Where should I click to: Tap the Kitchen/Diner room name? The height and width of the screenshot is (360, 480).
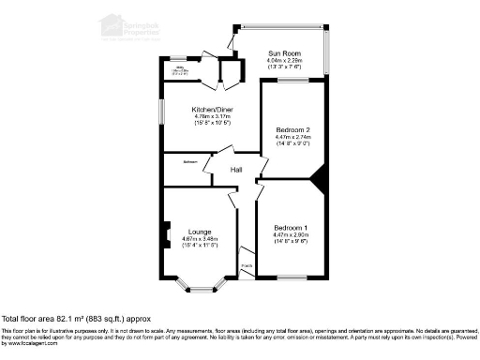(x=205, y=111)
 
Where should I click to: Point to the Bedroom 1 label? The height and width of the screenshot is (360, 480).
(x=291, y=228)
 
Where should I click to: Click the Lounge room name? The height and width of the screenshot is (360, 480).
(x=199, y=232)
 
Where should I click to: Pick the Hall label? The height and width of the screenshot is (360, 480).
(x=237, y=170)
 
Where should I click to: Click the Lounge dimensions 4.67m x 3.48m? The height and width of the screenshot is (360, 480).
(x=199, y=239)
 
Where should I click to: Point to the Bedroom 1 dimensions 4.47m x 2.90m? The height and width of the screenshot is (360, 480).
(x=291, y=235)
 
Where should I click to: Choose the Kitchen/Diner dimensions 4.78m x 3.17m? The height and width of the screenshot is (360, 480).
(x=205, y=117)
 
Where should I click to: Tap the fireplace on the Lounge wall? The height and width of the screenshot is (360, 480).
(x=166, y=232)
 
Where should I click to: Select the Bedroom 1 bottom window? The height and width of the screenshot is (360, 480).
(x=292, y=278)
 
